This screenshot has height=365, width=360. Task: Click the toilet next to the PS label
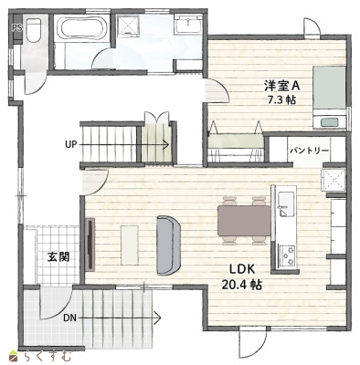point(34,30)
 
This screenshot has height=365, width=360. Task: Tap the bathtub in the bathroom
point(83,27)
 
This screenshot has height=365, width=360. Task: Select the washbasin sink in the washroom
point(188,25)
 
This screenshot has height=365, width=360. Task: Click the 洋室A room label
point(282,86)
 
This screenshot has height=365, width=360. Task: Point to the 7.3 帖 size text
point(281,99)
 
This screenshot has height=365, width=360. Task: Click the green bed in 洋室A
point(330,98)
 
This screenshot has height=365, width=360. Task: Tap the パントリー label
point(309,151)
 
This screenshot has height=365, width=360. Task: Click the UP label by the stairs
point(71,144)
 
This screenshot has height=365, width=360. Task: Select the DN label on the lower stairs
point(70,318)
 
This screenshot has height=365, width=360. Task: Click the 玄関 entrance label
point(58,257)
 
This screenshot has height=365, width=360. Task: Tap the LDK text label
point(242,269)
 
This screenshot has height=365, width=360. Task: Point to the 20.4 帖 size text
point(241,285)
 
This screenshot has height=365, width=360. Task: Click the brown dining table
point(244,221)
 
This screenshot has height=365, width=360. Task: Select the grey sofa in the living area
point(168,245)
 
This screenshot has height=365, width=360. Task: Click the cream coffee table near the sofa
point(130,245)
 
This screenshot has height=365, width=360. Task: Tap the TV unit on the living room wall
point(90,245)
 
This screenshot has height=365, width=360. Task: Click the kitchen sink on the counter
point(286,203)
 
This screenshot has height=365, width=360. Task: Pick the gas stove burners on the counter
point(287,255)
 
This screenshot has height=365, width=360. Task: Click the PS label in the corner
point(17,28)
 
